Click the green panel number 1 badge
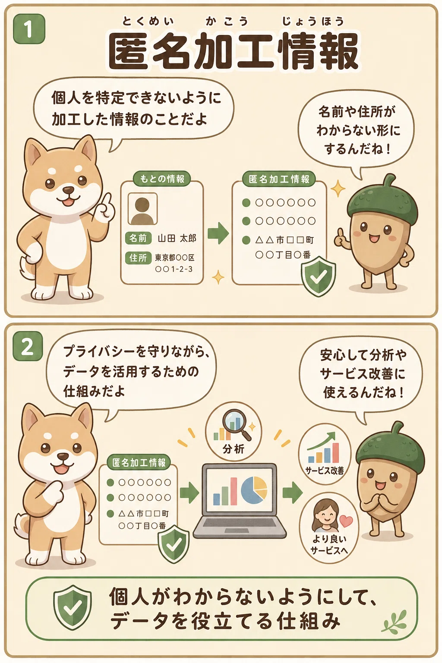tap(29, 29)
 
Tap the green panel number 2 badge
tap(28, 346)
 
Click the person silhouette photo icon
tap(142, 208)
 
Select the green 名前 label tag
tap(138, 238)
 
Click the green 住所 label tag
tap(138, 258)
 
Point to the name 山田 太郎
tap(177, 238)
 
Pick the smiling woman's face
tap(325, 516)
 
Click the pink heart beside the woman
tap(346, 520)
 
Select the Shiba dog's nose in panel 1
tap(69, 190)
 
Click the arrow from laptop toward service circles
tap(293, 492)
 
